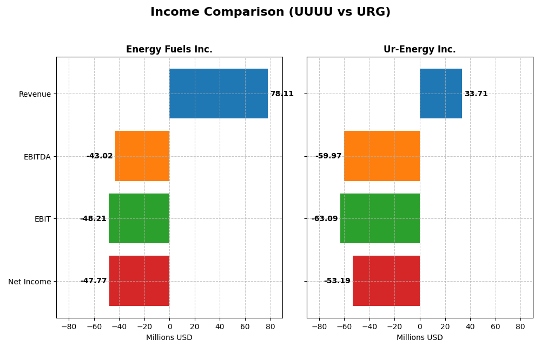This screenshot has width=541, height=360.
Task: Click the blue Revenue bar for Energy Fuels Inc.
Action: click(219, 94)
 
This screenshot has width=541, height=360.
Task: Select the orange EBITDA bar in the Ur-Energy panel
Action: click(382, 156)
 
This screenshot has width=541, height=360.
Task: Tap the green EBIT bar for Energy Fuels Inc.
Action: click(139, 218)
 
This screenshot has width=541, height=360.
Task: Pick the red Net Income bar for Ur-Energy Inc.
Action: click(386, 281)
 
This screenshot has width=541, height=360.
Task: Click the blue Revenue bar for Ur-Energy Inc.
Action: click(441, 94)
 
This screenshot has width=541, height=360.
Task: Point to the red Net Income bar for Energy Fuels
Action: click(140, 281)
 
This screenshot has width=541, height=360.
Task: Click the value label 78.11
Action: click(282, 94)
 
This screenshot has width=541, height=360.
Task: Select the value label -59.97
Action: click(328, 156)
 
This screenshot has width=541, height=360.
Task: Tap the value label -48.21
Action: click(93, 219)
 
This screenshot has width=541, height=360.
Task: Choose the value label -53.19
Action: click(337, 281)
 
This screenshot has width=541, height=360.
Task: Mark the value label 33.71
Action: click(476, 94)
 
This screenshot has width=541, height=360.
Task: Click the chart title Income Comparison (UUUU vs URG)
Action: click(270, 12)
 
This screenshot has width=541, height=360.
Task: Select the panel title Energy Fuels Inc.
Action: click(169, 50)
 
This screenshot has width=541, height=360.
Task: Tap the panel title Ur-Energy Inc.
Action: click(420, 50)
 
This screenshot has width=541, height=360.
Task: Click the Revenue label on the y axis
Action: click(35, 95)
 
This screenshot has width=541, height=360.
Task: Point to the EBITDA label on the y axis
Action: click(37, 157)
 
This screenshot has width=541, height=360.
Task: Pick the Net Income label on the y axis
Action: click(30, 282)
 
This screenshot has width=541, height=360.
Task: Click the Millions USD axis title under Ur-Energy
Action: click(420, 338)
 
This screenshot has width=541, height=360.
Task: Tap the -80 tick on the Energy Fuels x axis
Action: click(69, 326)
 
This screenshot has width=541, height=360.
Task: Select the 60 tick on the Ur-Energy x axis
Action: click(496, 326)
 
